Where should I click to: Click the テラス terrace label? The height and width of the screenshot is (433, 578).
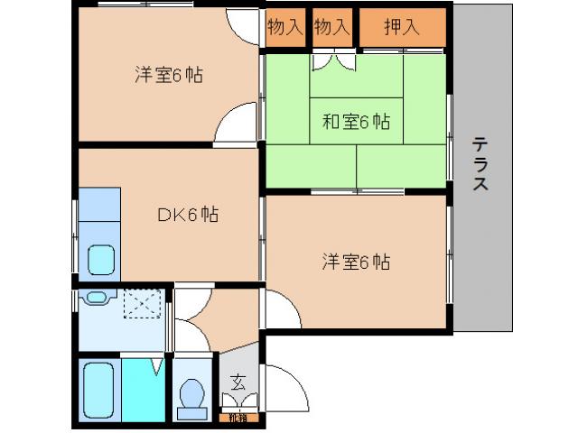tap(480, 164)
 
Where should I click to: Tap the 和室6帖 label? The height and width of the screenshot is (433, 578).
tap(356, 122)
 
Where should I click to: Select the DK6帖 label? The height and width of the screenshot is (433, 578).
tap(188, 215)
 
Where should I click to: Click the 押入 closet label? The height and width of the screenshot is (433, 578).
tap(402, 27)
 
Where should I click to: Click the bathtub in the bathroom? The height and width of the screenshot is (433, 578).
tap(98, 389)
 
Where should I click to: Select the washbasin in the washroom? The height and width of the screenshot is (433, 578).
tap(94, 297)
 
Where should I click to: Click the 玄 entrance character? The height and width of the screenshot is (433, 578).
tap(238, 381)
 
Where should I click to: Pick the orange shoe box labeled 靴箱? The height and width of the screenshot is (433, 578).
tap(238, 418)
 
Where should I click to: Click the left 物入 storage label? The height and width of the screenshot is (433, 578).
tap(284, 27)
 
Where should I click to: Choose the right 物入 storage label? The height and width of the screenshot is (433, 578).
tap(331, 27)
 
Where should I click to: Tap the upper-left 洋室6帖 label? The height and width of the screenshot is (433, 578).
tap(168, 76)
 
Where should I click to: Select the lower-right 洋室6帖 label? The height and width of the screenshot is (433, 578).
tap(356, 263)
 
